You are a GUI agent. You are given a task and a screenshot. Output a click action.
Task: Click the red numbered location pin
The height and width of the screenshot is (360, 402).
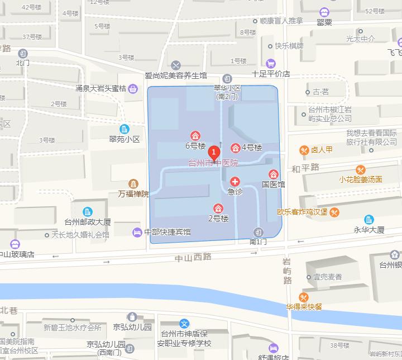[x=213, y=152]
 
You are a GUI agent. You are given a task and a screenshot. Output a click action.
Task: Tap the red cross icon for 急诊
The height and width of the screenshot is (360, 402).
[x=235, y=182]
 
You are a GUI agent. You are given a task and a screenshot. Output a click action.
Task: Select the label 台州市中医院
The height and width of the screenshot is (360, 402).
[x=213, y=163]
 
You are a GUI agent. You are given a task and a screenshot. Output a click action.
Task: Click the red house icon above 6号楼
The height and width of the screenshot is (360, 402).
[x=195, y=136]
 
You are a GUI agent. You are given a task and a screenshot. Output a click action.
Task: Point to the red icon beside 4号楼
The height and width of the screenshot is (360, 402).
[x=236, y=148]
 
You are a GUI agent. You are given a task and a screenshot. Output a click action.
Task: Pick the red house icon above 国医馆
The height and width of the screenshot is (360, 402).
[x=274, y=174]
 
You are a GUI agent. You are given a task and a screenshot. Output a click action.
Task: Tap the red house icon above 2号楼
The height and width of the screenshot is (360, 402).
[x=218, y=208]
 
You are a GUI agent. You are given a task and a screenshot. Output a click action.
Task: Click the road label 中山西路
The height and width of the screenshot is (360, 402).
[x=193, y=257]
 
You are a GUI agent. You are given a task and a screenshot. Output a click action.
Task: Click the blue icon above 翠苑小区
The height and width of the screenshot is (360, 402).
[x=124, y=129]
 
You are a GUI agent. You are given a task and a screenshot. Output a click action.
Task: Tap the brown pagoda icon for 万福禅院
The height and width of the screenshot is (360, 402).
[x=133, y=184]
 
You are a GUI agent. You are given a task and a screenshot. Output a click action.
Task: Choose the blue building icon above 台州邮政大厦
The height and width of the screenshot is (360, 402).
[x=88, y=211]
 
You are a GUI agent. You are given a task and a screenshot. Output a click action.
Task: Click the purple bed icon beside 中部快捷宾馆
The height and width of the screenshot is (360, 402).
[x=137, y=232]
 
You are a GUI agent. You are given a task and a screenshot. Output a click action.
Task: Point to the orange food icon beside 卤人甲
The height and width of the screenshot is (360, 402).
[x=304, y=150]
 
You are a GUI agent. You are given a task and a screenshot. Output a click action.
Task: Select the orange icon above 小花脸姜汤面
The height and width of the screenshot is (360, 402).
[x=361, y=169]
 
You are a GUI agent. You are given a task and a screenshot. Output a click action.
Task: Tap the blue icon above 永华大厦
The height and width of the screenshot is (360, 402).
[x=368, y=220]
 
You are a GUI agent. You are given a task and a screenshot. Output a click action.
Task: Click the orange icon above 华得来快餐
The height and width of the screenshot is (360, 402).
[x=304, y=297]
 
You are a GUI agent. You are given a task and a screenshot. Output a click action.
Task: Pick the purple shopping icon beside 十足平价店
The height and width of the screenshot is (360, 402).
[x=271, y=63]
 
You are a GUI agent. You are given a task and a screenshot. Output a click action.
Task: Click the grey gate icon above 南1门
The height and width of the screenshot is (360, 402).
[x=257, y=232]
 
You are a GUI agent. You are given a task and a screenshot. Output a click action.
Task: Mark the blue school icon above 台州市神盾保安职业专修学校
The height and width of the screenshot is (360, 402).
[x=184, y=323]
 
